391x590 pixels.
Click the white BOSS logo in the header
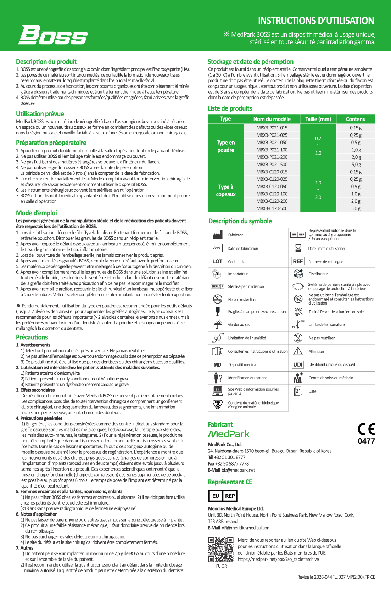coord(53,35)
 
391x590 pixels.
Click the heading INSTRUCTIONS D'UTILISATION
coord(316,21)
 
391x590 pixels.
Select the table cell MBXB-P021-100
coord(272,150)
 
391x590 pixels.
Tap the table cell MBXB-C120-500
coord(272,208)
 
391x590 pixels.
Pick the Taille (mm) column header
coord(318,119)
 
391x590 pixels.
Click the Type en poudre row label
coord(226,146)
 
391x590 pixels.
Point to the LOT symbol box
coord(217,261)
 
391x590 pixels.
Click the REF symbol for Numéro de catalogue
coord(298,261)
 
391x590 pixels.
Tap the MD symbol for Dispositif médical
coord(217,364)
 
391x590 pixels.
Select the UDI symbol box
coord(298,364)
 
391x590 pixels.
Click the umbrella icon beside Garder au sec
coord(217,324)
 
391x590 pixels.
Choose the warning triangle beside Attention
coord(298,351)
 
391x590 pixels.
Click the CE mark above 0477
coord(366,429)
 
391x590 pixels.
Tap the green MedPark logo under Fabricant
coord(228,434)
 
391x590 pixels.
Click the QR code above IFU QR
coord(220,549)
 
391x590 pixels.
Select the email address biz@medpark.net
coord(238,470)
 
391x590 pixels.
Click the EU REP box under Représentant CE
coord(222,496)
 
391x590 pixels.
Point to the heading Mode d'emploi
coord(36,213)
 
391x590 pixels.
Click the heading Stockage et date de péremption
coord(250,62)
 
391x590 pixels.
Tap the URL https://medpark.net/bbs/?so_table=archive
coord(278,559)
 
